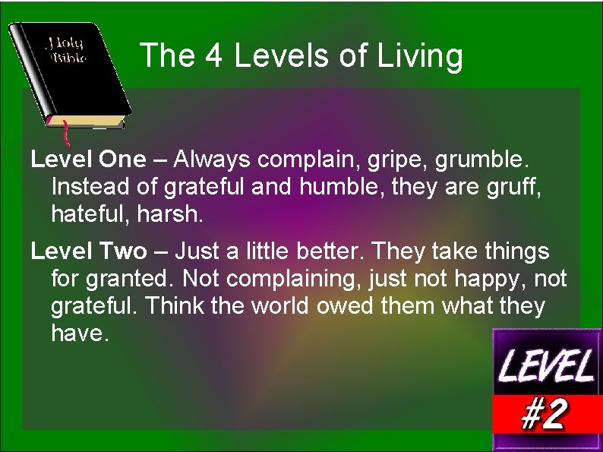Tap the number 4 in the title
(215, 56)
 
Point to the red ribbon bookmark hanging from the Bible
(65, 132)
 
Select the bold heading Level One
(87, 160)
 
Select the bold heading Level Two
(87, 251)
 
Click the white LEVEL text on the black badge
(546, 368)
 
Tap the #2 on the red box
(545, 413)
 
